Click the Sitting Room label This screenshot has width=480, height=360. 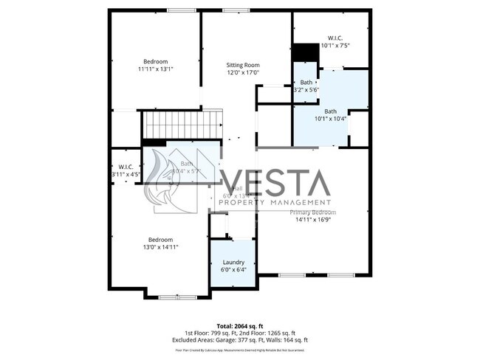[x=243, y=65]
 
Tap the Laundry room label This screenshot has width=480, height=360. [x=233, y=262]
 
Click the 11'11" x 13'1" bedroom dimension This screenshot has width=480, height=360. [x=155, y=69]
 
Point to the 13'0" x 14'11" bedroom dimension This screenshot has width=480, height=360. [x=160, y=247]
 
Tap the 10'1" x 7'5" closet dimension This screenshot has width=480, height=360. [x=335, y=46]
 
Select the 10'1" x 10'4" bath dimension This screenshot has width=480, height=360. [x=330, y=118]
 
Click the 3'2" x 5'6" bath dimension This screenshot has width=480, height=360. [x=306, y=90]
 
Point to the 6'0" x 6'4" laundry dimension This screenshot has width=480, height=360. [x=233, y=269]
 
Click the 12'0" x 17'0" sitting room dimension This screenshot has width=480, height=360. [x=243, y=72]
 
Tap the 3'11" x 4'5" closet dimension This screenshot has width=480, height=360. [x=122, y=175]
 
